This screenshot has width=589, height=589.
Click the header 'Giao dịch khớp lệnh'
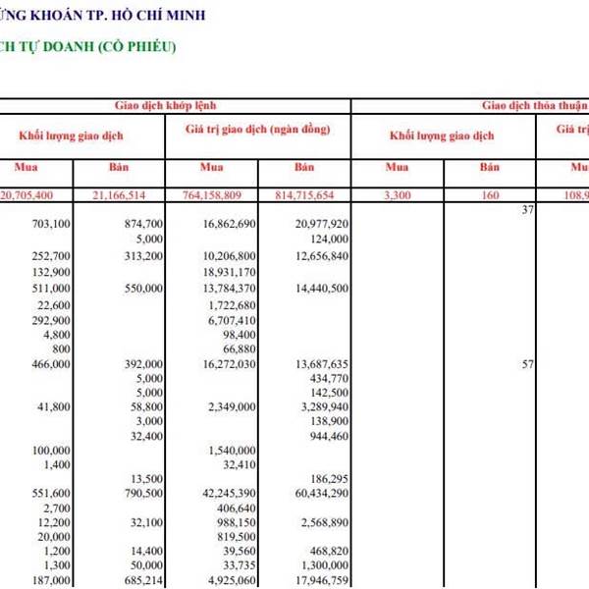[x=177, y=103]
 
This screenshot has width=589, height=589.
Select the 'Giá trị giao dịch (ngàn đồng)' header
[x=257, y=130]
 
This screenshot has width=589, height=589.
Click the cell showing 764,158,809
[x=219, y=195]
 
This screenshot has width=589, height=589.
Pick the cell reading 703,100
[x=51, y=224]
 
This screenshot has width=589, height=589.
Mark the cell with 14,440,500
[x=314, y=289]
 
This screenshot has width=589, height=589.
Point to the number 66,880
[x=240, y=348]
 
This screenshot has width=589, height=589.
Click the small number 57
[x=527, y=363]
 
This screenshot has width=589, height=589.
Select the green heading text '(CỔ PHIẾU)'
[x=137, y=46]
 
